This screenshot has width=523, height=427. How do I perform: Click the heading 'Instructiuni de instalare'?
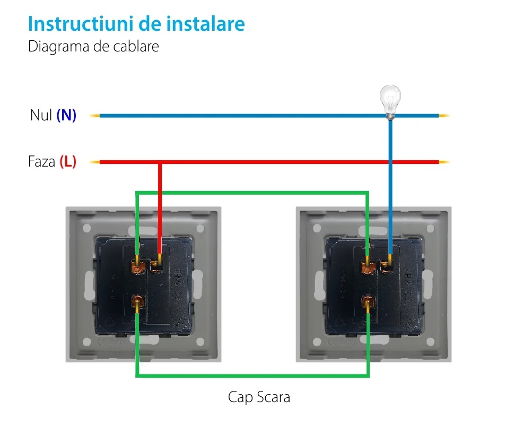point(136,24)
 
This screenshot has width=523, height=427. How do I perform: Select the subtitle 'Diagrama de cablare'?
point(93,46)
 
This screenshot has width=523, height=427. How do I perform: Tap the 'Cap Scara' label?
point(259,397)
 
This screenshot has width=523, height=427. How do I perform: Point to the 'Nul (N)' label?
point(53,115)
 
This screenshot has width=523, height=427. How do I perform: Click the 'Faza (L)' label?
point(52,162)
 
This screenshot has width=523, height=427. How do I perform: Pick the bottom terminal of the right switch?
point(367,304)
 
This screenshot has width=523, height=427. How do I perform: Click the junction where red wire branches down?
point(160,162)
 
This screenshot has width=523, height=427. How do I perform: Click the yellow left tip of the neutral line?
point(94,115)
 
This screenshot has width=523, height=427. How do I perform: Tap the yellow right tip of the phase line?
point(444,162)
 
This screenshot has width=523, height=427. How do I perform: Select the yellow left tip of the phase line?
point(94,162)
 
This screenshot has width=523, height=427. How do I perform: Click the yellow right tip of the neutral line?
point(444,115)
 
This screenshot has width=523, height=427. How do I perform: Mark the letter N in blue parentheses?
point(66,115)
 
